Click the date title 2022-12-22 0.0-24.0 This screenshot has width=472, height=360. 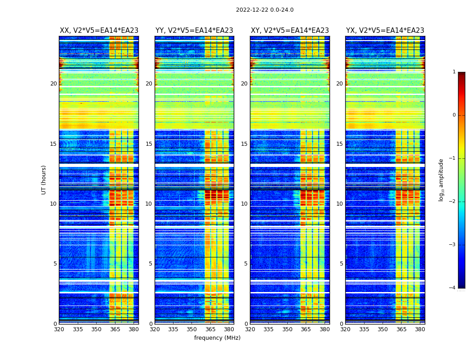264,10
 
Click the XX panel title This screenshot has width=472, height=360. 99,31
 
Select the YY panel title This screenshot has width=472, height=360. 194,31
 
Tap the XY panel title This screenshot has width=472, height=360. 289,31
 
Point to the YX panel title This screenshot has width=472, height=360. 385,31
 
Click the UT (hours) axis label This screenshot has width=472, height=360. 44,180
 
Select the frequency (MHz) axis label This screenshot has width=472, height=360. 217,338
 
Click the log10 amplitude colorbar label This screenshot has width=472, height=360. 441,180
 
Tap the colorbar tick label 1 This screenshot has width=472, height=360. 454,72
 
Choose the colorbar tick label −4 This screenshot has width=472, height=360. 453,288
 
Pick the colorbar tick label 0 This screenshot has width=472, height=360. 454,115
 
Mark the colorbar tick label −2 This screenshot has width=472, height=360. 453,202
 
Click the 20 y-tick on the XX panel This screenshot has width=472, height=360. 53,84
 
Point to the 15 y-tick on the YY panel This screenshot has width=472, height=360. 149,144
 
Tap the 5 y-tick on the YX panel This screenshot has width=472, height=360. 341,264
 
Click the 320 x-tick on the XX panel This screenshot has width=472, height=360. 59,329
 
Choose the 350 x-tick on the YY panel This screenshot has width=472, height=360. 192,329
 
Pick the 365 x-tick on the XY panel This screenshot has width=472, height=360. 306,329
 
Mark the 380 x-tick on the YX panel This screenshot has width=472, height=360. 420,329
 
